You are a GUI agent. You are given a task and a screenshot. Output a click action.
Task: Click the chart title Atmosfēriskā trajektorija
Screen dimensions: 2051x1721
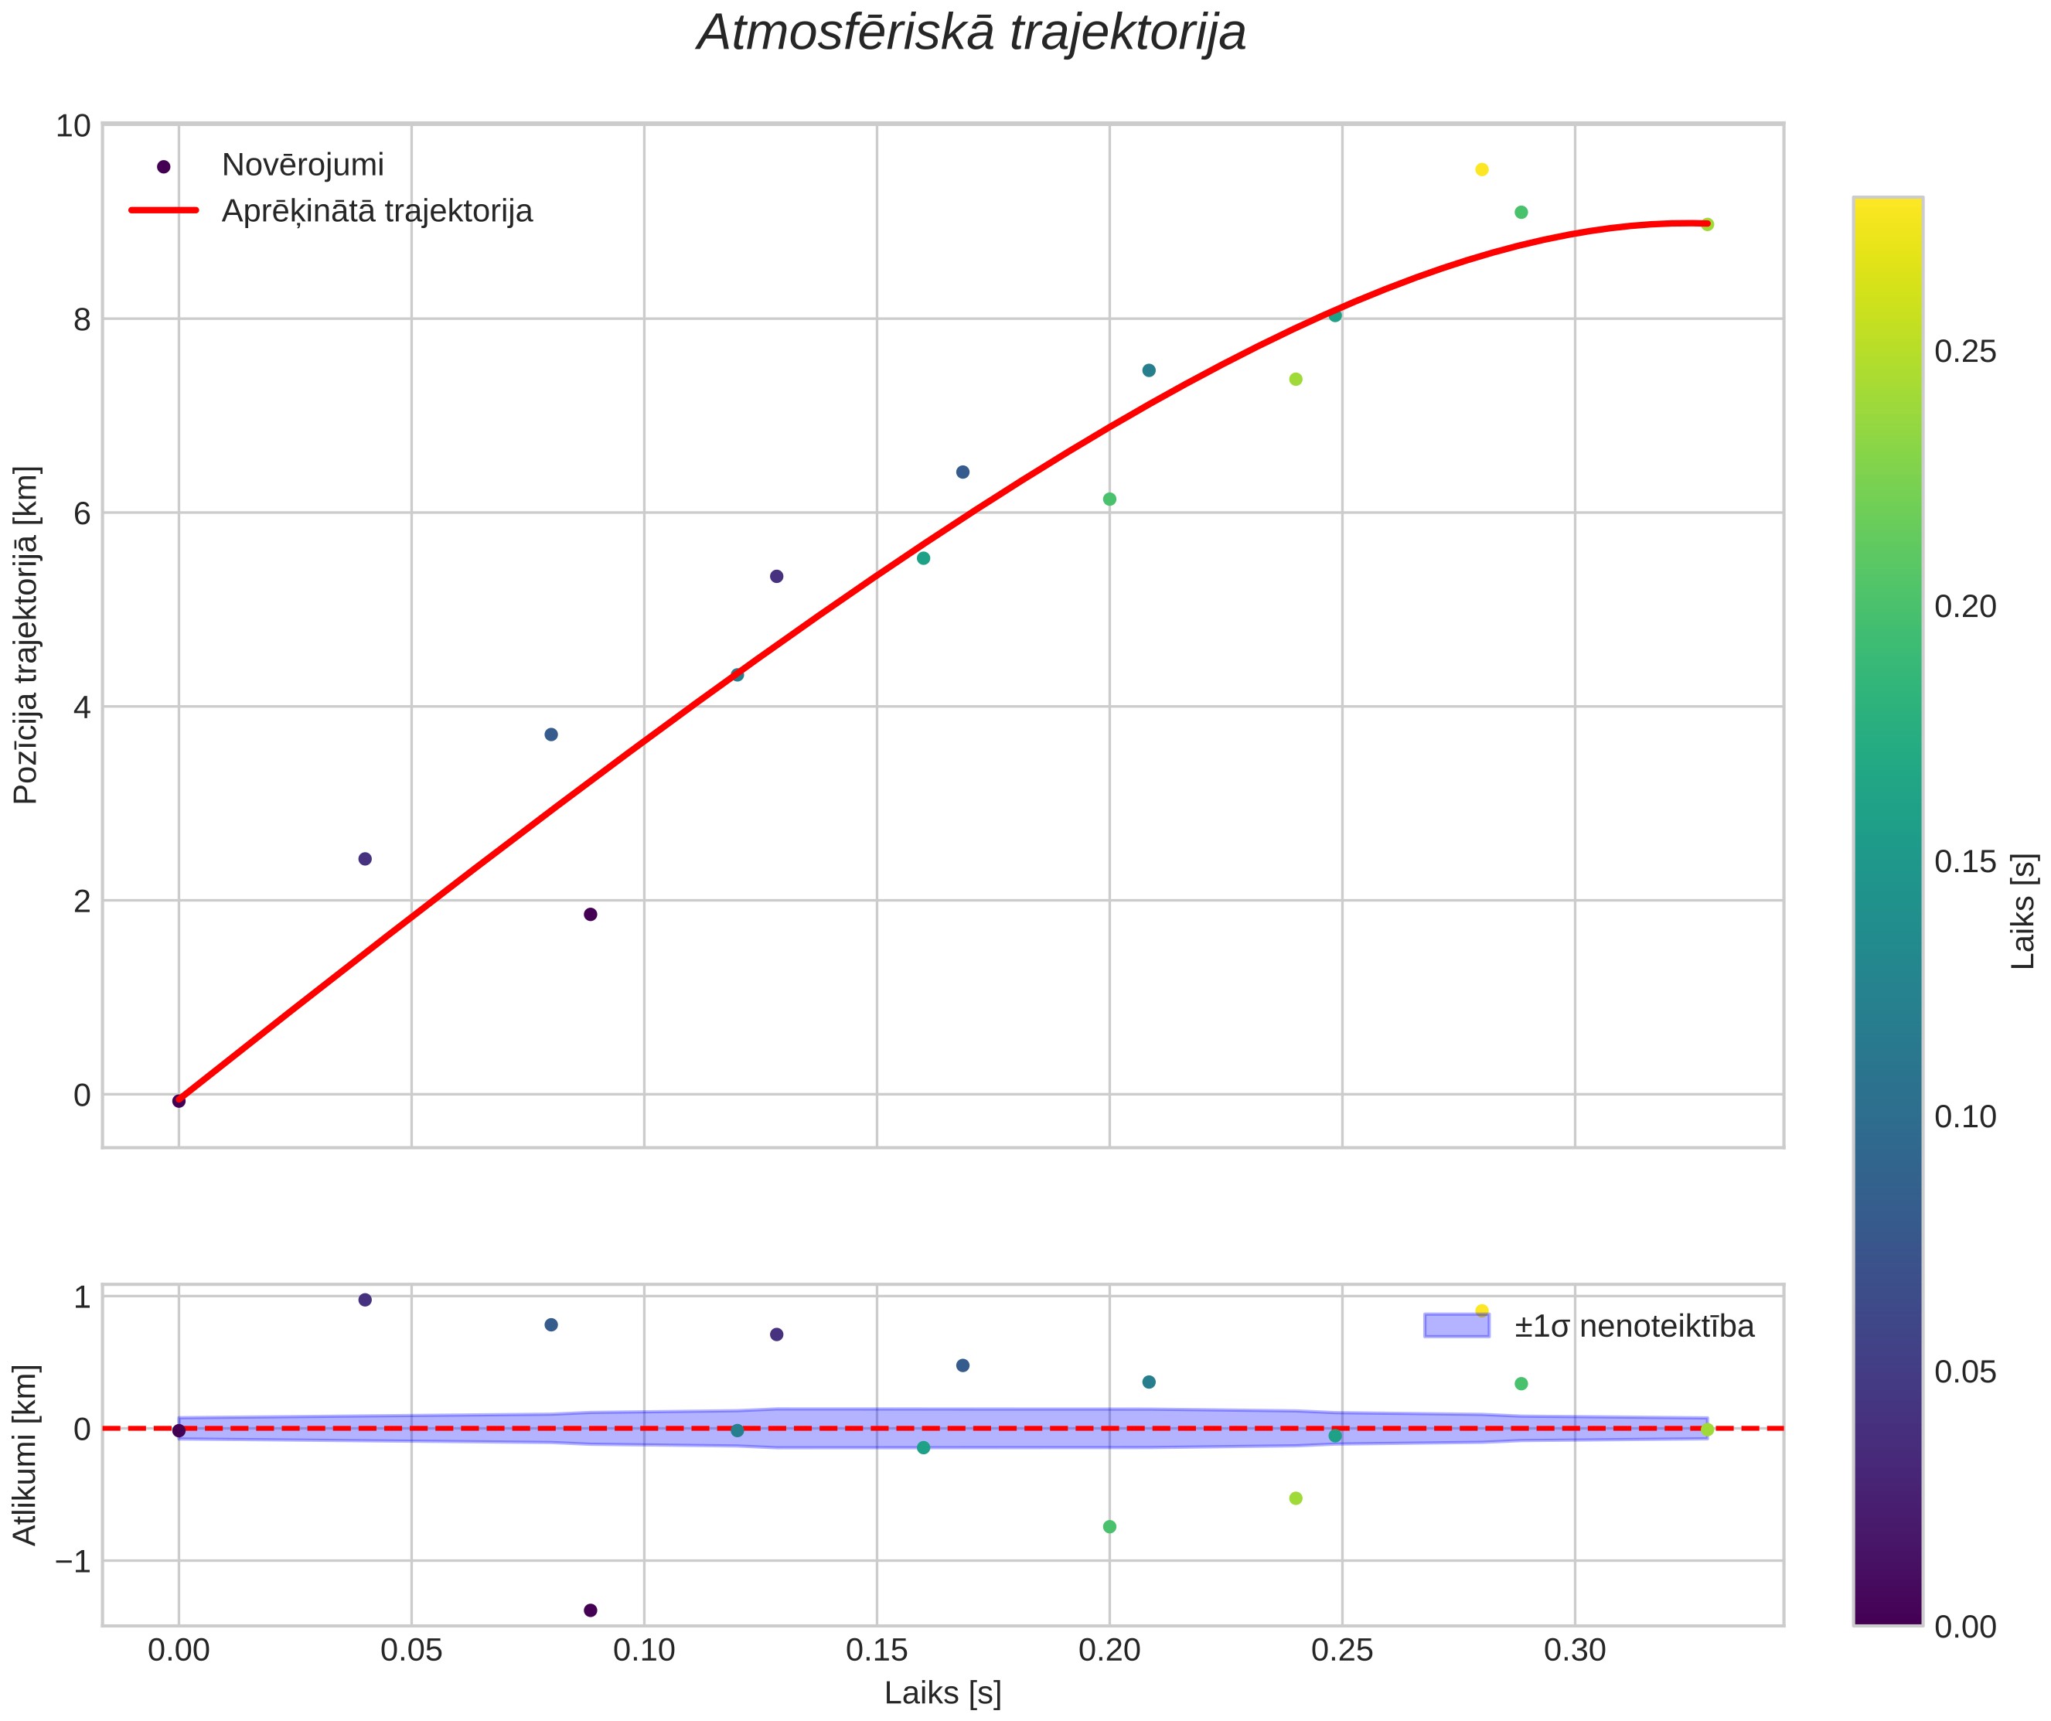coord(972,32)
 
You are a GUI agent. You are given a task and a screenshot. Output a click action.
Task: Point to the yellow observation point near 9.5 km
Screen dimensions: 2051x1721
coord(1481,170)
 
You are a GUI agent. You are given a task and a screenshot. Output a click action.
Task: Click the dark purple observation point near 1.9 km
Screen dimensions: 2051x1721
coord(590,914)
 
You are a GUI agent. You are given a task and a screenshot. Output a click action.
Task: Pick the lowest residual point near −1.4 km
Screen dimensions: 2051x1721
coord(590,1610)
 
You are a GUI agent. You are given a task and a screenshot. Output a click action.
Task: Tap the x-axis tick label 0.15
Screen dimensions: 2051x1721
coord(876,1651)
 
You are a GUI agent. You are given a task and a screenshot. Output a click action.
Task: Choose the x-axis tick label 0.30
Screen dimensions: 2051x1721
coord(1574,1651)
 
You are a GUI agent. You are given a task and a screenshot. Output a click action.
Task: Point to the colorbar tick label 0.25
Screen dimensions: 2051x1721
coord(1965,352)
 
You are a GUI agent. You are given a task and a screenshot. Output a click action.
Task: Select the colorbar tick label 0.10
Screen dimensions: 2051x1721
coord(1965,1116)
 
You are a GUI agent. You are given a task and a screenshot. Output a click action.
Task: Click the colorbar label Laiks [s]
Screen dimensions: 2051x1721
coord(2025,912)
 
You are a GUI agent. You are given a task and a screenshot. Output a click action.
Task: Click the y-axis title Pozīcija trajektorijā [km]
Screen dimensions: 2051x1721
coord(26,635)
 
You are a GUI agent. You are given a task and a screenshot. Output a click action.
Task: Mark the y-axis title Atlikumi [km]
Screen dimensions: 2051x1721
coord(26,1455)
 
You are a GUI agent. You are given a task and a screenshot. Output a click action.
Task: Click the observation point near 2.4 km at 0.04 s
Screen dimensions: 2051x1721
coord(365,858)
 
